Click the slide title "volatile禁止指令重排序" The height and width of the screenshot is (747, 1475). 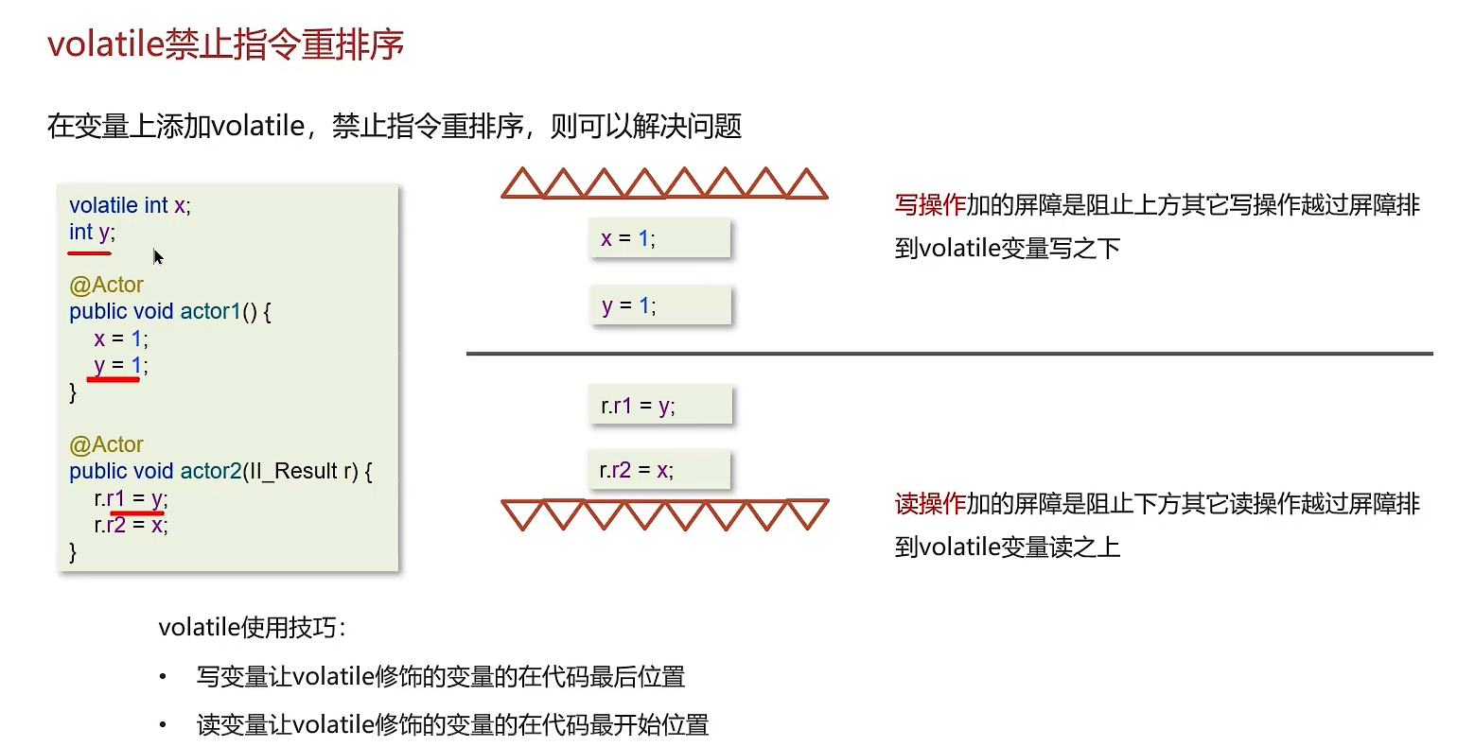pos(225,44)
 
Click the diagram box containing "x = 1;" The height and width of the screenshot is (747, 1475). pos(659,238)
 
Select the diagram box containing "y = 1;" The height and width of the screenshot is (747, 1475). pos(659,305)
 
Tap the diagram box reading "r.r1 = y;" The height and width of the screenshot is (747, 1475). pos(659,406)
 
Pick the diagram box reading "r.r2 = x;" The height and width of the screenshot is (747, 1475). pos(659,470)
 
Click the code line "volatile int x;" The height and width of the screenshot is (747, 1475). pos(130,205)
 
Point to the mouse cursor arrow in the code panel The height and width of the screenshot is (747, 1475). pos(157,255)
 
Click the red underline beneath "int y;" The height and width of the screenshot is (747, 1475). pos(90,253)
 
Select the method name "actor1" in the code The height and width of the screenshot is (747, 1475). pos(210,311)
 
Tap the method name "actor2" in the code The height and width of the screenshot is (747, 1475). pos(210,471)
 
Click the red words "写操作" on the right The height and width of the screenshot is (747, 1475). pos(930,205)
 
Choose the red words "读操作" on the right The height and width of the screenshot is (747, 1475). pos(930,504)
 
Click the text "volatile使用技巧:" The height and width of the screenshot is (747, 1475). pos(252,627)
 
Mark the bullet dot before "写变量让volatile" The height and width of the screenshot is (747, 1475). pos(163,677)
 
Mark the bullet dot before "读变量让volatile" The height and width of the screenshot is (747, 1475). pos(163,725)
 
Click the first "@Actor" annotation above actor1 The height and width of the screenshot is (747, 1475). pos(106,285)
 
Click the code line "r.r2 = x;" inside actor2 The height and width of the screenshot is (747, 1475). pos(131,525)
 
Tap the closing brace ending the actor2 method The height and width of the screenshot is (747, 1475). pos(74,551)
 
